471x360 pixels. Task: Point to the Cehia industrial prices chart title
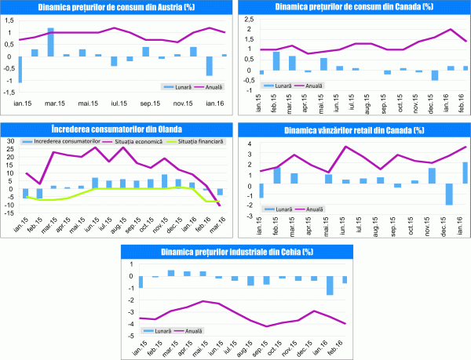(235, 252)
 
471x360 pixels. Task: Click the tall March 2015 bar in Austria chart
(50, 42)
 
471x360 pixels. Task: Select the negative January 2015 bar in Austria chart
(20, 70)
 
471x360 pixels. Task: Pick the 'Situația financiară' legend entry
(199, 141)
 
